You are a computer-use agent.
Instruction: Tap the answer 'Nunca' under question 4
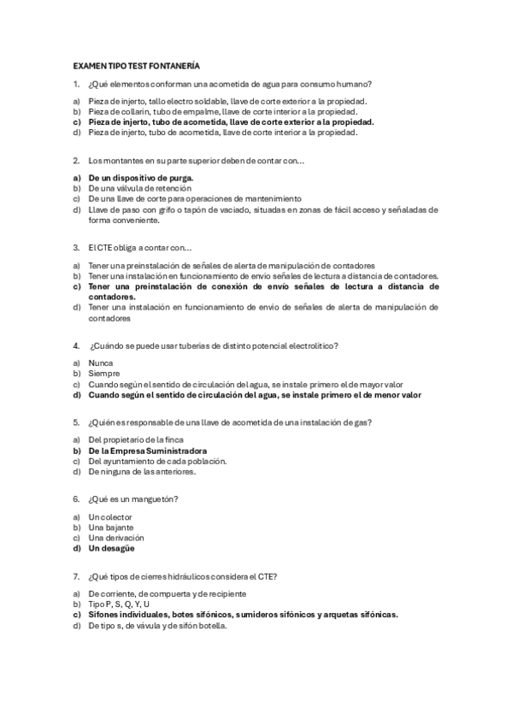tap(100, 363)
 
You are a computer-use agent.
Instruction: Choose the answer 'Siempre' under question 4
tap(104, 374)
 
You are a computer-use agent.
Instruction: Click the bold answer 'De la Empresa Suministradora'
tap(147, 451)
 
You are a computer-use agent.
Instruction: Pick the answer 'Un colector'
tap(110, 517)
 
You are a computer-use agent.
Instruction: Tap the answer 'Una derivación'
tap(116, 538)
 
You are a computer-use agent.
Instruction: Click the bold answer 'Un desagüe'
tap(113, 548)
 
